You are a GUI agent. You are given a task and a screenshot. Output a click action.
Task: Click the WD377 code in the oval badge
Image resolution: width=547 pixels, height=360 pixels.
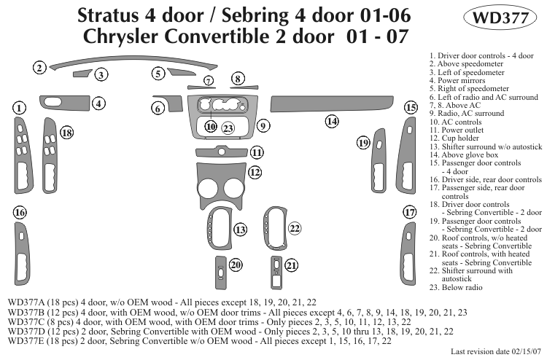pyautogui.click(x=495, y=19)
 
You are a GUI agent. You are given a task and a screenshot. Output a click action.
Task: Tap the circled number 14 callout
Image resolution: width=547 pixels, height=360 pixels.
pyautogui.click(x=332, y=122)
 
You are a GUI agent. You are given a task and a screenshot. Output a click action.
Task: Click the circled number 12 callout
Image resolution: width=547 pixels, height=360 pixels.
pyautogui.click(x=255, y=173)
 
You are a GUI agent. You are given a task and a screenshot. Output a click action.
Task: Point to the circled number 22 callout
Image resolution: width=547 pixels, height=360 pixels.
pyautogui.click(x=295, y=229)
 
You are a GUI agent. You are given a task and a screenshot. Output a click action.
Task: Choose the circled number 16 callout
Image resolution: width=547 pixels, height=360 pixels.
pyautogui.click(x=20, y=212)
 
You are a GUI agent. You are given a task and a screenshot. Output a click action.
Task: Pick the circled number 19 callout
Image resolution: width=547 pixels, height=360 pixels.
pyautogui.click(x=362, y=144)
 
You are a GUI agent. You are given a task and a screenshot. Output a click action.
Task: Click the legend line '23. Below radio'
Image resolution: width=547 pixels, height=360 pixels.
pyautogui.click(x=457, y=287)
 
